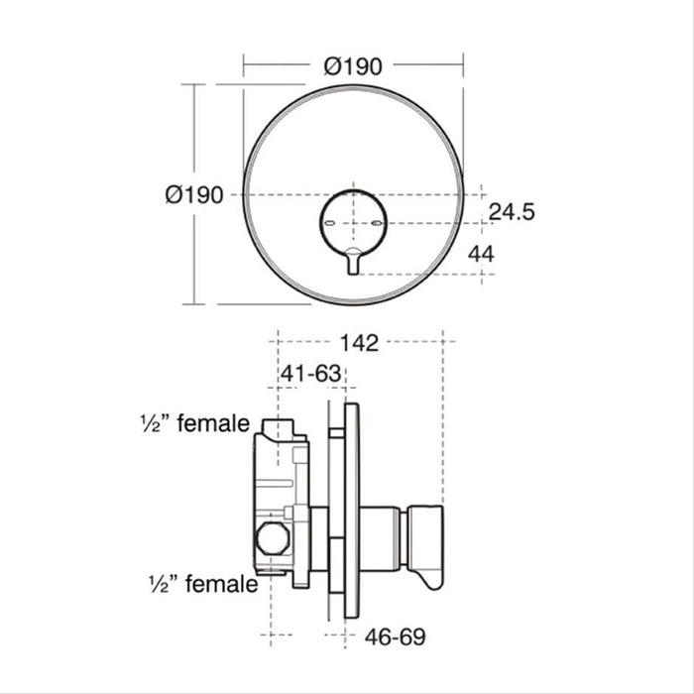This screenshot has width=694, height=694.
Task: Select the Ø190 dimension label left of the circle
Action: point(193,195)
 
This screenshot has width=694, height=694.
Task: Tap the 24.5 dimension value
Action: point(512,212)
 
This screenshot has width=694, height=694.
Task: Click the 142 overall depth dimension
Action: point(358,344)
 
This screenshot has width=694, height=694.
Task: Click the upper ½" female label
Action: point(194,424)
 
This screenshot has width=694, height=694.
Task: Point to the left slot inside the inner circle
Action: point(330,225)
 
